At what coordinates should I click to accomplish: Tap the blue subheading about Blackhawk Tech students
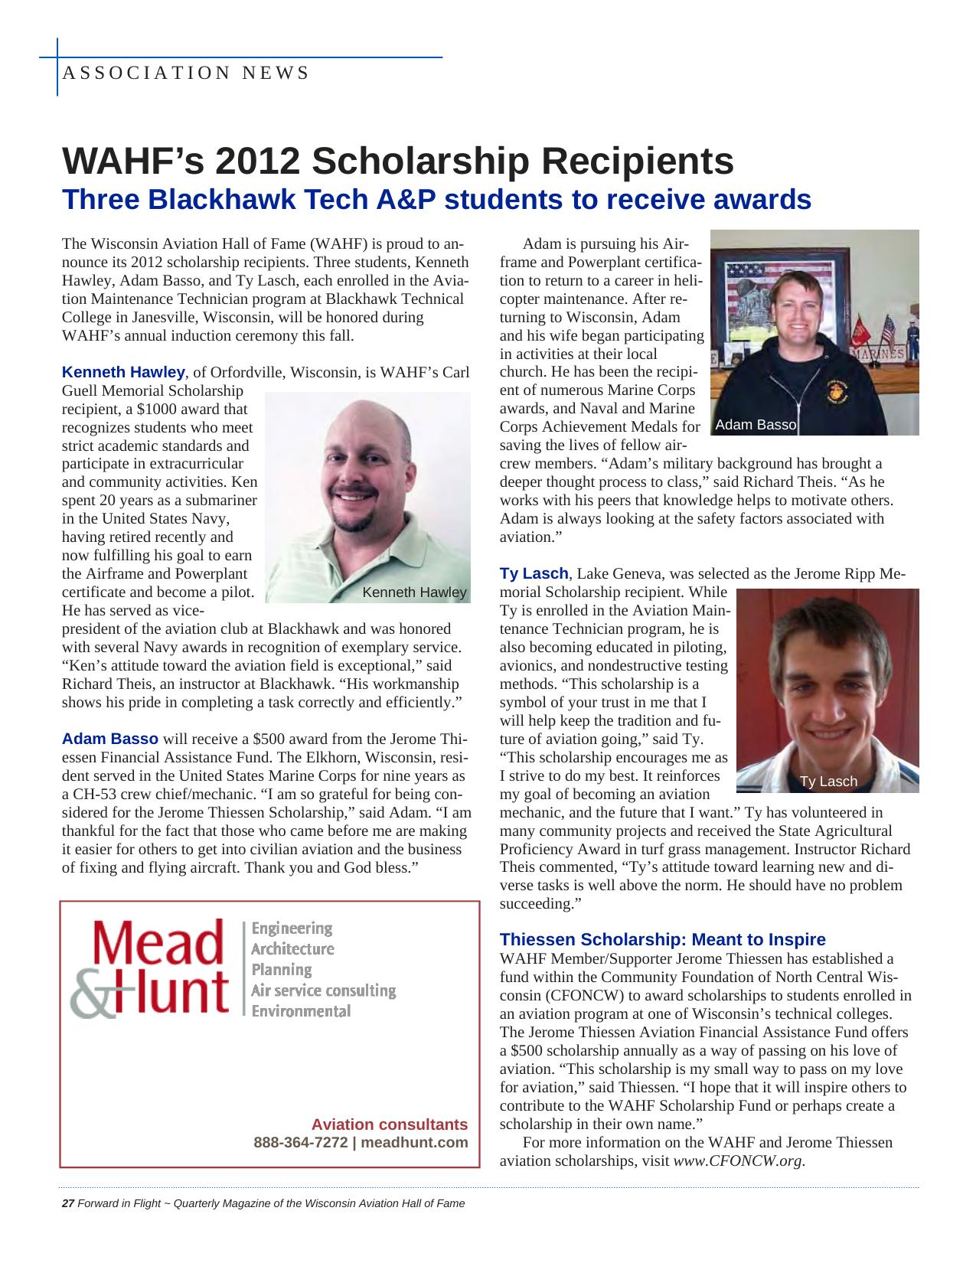(436, 200)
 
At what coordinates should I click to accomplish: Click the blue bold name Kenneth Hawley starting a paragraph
(123, 373)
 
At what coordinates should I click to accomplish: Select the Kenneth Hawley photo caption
(413, 592)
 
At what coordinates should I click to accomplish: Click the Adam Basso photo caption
(755, 425)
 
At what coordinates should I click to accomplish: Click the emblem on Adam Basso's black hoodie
(835, 391)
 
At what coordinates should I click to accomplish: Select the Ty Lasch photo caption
(828, 782)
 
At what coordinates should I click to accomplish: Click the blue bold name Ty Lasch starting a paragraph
(534, 573)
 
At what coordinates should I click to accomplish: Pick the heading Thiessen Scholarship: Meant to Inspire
(662, 939)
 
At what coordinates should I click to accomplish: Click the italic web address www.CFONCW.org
(738, 1161)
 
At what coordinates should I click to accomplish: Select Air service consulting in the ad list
(323, 990)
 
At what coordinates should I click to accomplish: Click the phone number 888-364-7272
(300, 1143)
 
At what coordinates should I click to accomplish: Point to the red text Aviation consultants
(389, 1124)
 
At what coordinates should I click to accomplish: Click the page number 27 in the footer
(67, 1203)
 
